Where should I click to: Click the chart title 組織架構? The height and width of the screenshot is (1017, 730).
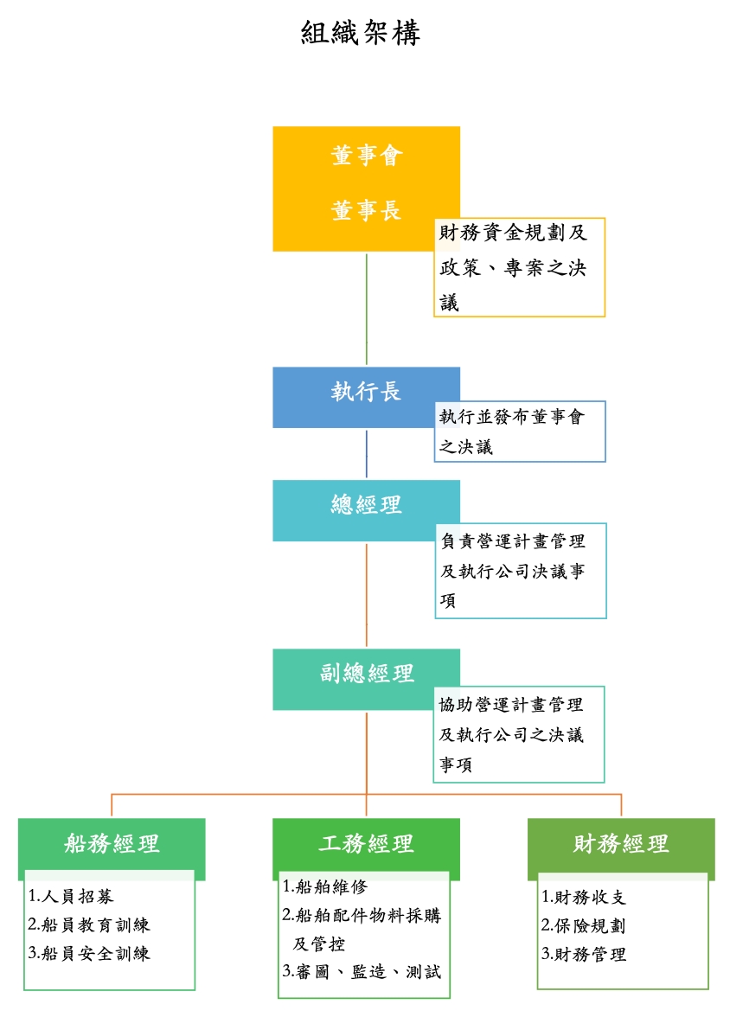click(x=361, y=34)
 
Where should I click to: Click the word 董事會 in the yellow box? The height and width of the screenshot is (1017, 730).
click(x=367, y=157)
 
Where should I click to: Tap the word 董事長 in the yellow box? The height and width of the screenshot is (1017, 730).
click(x=367, y=210)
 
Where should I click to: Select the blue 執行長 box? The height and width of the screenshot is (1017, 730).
click(x=366, y=393)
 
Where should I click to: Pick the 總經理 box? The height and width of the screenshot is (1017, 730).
click(x=366, y=505)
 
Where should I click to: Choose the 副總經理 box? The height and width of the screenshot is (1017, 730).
click(x=366, y=674)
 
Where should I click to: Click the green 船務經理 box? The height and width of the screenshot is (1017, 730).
click(x=112, y=843)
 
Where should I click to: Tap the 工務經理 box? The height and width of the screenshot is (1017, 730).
click(x=366, y=843)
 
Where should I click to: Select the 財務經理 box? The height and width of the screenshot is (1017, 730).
click(x=621, y=843)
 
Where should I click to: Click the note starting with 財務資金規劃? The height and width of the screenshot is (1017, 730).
click(x=518, y=267)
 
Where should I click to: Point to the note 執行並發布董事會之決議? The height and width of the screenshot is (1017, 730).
click(x=519, y=432)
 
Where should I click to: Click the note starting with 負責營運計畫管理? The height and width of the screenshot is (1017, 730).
click(x=520, y=571)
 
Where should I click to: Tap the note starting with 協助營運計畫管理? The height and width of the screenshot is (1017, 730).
click(x=518, y=735)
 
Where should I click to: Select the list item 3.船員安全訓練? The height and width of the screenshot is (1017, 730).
click(x=89, y=954)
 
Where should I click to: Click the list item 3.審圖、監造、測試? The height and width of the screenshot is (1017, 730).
click(x=362, y=972)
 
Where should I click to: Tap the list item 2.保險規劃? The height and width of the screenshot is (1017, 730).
click(x=583, y=925)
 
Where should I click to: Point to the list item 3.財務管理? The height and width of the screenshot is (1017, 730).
click(x=583, y=955)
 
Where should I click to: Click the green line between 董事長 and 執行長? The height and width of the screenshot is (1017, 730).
click(x=367, y=309)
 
